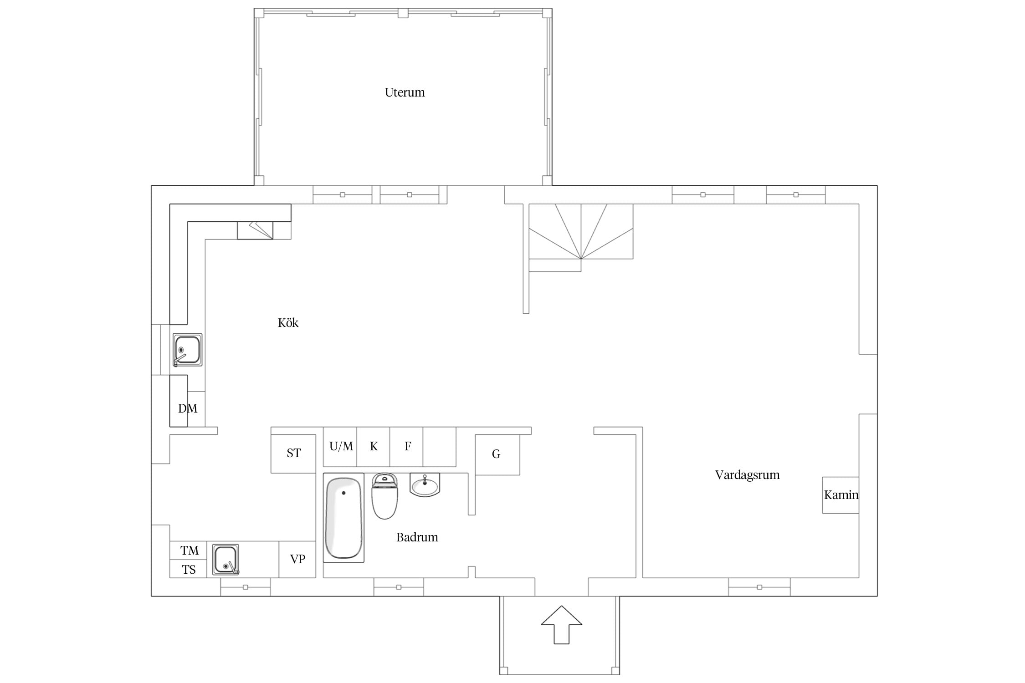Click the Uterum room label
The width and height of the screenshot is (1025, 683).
tap(405, 92)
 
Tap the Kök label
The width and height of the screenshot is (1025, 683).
tap(288, 323)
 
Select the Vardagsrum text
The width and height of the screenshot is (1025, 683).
tap(747, 475)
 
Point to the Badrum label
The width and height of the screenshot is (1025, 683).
tap(417, 537)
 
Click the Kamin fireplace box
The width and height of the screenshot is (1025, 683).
tap(840, 495)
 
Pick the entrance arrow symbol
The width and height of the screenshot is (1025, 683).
tap(561, 625)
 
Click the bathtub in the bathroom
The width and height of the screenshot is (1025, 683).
tap(343, 518)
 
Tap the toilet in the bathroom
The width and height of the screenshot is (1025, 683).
tap(385, 496)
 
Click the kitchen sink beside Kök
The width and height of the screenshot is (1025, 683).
tap(187, 350)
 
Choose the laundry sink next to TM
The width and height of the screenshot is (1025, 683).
tap(225, 560)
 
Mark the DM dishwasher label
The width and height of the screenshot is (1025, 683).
tap(188, 408)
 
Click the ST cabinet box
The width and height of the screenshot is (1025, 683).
tap(293, 454)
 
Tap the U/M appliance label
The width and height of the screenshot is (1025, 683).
tap(341, 446)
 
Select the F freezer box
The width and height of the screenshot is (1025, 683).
tap(406, 447)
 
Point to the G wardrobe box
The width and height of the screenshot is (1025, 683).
tap(497, 455)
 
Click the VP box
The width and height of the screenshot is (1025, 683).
tap(297, 559)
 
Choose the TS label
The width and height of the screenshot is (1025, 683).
tap(189, 570)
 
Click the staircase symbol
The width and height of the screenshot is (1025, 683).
tap(581, 238)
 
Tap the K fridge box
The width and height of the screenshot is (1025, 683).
tap(373, 447)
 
